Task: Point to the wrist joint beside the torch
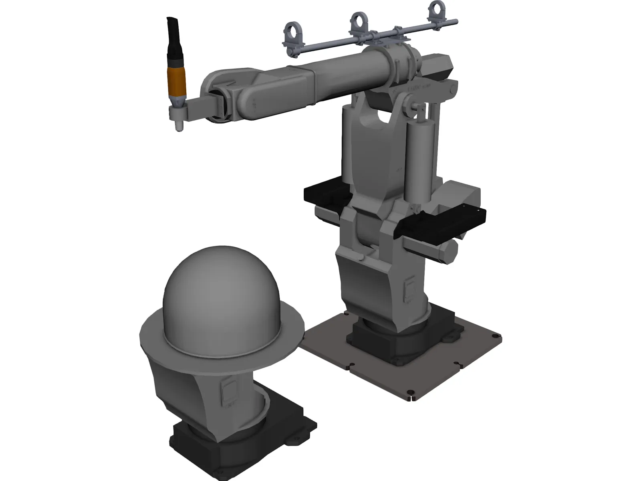(218, 105)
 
